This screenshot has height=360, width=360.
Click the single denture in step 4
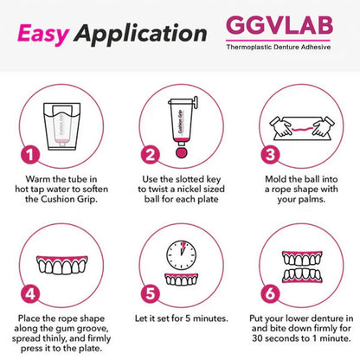pos(61,260)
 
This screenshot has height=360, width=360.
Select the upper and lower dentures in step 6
pos(299,260)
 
